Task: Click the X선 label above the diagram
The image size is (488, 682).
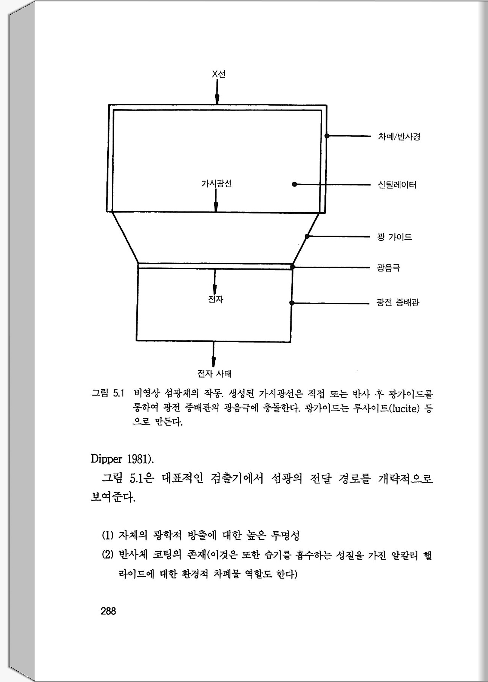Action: tap(218, 74)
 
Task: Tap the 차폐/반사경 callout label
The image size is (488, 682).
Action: tap(399, 136)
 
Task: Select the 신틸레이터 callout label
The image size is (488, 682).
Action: tap(397, 185)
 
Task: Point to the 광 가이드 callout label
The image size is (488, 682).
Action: tap(394, 237)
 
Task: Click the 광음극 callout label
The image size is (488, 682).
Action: tap(388, 268)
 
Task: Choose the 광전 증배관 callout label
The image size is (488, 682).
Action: tap(398, 302)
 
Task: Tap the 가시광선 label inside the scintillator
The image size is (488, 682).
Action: tap(216, 184)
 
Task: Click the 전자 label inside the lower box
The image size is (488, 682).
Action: tap(216, 299)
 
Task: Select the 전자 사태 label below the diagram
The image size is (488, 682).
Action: tap(214, 374)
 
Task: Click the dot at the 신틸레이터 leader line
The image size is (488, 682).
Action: tap(294, 185)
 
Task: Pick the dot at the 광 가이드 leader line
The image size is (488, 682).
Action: tap(307, 236)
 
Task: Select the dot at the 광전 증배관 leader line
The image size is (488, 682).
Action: tap(292, 303)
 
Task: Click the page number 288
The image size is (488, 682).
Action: tap(108, 611)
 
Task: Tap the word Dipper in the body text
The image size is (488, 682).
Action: tap(107, 459)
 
